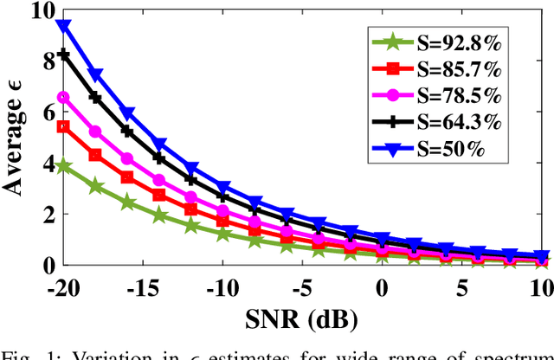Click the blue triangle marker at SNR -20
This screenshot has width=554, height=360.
63,26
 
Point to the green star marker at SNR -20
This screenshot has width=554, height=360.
63,165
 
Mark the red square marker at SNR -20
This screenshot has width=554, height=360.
63,126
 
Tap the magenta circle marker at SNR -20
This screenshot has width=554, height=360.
63,97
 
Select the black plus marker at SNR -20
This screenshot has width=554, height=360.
63,54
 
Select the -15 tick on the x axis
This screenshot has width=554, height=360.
143,284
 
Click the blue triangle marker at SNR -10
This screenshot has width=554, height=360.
222,187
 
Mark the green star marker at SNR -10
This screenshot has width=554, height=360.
222,234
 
